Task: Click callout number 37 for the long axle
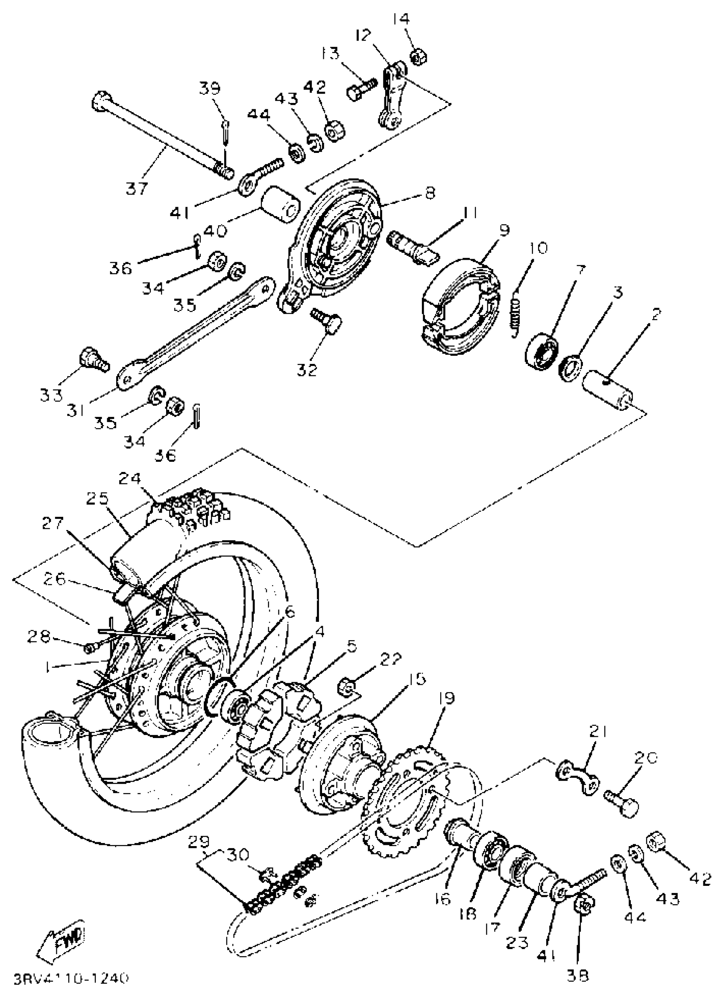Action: (x=136, y=188)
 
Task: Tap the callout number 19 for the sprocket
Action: (x=447, y=698)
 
